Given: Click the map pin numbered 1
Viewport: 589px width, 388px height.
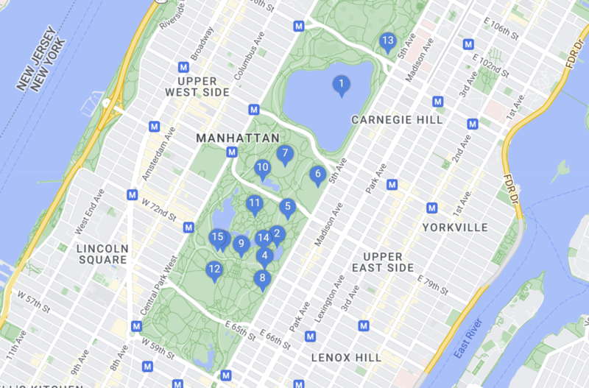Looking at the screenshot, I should [340, 85].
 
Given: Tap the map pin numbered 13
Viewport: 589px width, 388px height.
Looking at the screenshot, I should [387, 42].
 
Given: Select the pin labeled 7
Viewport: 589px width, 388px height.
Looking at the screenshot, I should [285, 155].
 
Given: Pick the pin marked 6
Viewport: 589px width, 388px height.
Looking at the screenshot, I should [317, 175].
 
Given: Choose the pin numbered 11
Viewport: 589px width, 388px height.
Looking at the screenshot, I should [255, 204].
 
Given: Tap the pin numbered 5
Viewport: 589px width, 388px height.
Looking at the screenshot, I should [287, 208].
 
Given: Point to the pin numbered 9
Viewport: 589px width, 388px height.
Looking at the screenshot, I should [240, 244].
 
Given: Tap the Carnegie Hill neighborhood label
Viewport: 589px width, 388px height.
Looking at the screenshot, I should [397, 119].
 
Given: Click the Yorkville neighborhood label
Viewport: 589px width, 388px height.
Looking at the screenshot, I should [455, 227].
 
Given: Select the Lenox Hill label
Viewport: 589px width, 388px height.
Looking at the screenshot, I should [346, 358].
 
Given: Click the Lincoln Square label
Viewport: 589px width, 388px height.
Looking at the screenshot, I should [103, 253].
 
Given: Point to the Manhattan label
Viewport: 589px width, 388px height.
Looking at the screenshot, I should [238, 138].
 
